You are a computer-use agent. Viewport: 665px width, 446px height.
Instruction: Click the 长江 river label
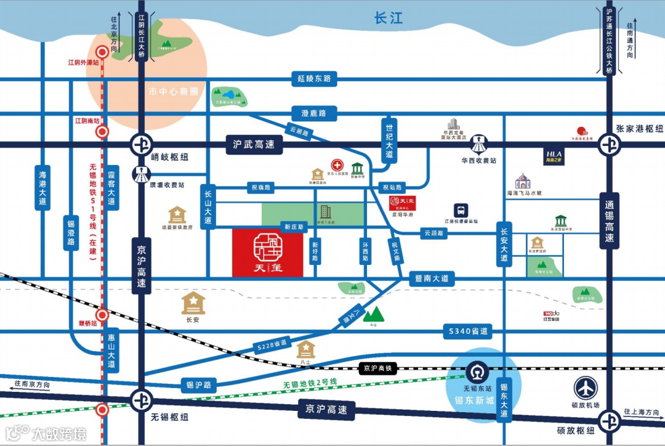click(x=388, y=18)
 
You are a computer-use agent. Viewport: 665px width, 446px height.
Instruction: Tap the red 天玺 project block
click(x=268, y=253)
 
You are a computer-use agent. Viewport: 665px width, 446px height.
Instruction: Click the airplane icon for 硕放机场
click(x=586, y=388)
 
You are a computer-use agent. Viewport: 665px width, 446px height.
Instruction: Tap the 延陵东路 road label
click(x=314, y=78)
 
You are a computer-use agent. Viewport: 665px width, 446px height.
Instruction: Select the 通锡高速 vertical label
click(x=609, y=221)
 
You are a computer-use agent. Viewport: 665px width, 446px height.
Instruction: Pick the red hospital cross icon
click(x=337, y=166)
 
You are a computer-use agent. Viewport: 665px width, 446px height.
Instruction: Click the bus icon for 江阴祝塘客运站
click(x=461, y=210)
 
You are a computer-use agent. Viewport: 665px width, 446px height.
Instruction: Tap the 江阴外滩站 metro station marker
click(x=103, y=53)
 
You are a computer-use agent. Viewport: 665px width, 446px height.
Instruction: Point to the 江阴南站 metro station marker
click(x=103, y=131)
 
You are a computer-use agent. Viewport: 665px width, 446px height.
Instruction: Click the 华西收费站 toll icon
click(x=478, y=145)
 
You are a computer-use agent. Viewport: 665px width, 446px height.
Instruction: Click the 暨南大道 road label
click(x=431, y=279)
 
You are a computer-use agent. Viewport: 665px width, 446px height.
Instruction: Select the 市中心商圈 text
click(x=174, y=92)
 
